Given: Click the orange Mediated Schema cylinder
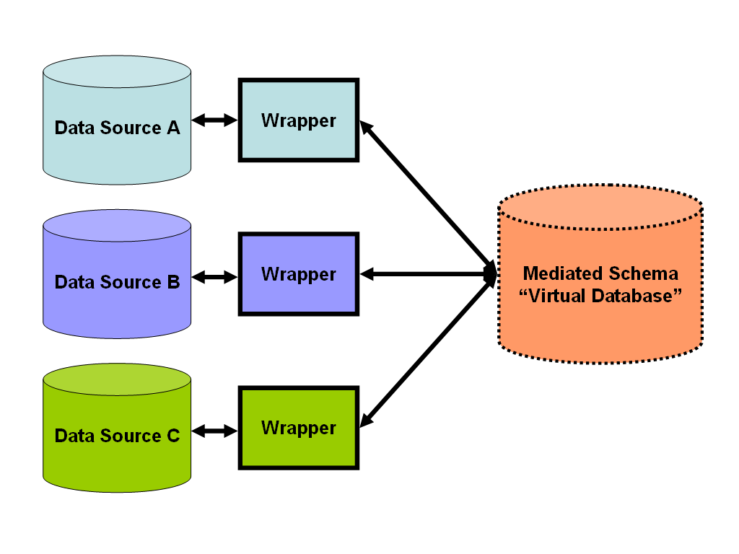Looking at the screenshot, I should tap(600, 325).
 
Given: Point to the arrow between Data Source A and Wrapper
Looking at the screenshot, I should tap(215, 120).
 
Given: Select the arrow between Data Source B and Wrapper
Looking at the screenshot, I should tap(215, 276).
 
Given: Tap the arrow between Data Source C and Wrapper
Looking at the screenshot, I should tap(215, 431).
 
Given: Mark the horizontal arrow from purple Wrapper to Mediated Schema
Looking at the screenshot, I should tap(426, 274).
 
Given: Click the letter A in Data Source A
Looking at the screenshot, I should tap(173, 128).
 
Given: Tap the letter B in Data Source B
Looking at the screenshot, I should tap(173, 282).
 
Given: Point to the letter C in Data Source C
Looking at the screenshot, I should tap(173, 436).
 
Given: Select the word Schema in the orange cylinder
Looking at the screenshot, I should tap(642, 274).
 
